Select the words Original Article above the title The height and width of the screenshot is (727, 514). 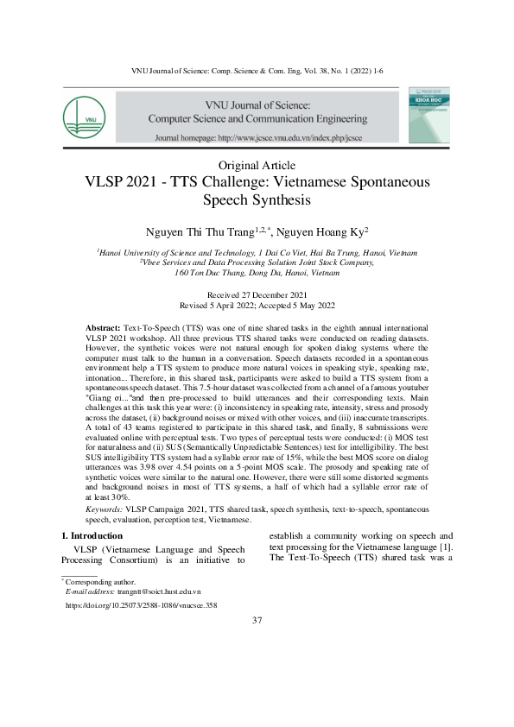click(x=257, y=165)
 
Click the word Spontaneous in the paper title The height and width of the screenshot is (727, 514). click(x=381, y=182)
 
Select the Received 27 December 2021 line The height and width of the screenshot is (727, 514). click(x=257, y=295)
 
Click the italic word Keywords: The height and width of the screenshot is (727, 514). click(x=105, y=510)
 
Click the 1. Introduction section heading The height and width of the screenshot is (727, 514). click(x=96, y=535)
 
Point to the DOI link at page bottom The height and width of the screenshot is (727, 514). click(x=142, y=606)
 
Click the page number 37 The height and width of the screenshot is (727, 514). click(x=257, y=621)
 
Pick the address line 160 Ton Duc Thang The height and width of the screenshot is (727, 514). click(x=257, y=272)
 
